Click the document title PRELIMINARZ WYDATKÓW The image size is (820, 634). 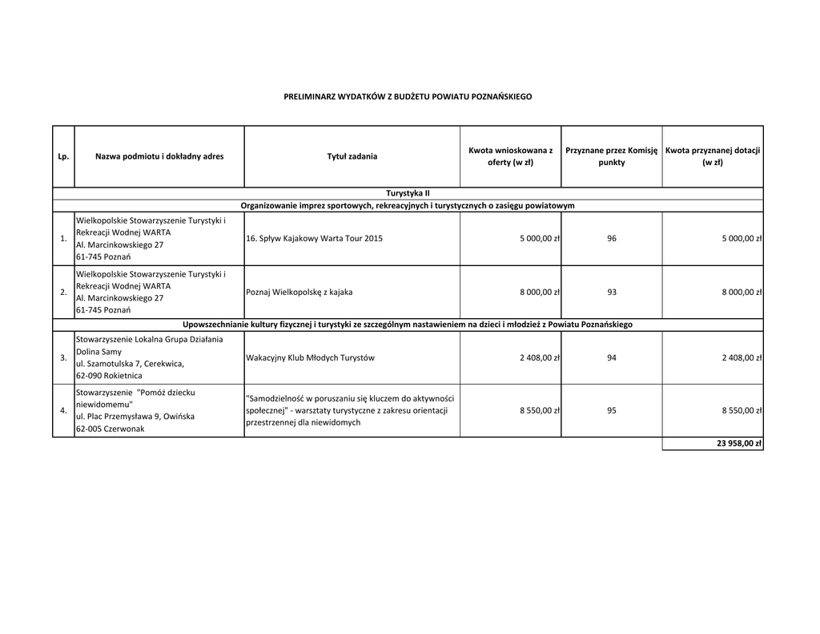[408, 96]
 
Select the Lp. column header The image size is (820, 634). [63, 156]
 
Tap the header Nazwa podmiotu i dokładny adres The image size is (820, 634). [159, 156]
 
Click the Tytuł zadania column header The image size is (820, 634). [352, 156]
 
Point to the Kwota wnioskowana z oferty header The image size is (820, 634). [510, 156]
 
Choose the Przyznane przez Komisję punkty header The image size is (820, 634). [611, 156]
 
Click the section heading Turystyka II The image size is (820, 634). [408, 193]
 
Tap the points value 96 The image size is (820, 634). [612, 238]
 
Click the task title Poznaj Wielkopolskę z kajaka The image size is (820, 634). [299, 292]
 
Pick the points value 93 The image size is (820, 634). [612, 292]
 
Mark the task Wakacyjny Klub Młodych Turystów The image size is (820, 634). [310, 357]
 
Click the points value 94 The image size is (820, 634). [612, 357]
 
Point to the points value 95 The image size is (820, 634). [612, 410]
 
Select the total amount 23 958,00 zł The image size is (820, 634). [739, 443]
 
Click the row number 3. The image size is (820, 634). [63, 357]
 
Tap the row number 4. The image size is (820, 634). [63, 410]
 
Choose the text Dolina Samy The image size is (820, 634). [98, 352]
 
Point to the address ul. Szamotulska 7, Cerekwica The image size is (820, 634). [130, 364]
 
